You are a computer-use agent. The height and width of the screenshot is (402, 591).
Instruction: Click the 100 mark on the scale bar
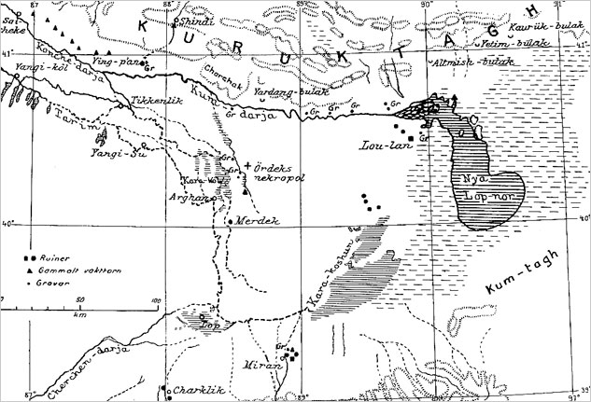[x=155, y=299]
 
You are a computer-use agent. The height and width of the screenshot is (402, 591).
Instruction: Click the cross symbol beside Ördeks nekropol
[x=246, y=166]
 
